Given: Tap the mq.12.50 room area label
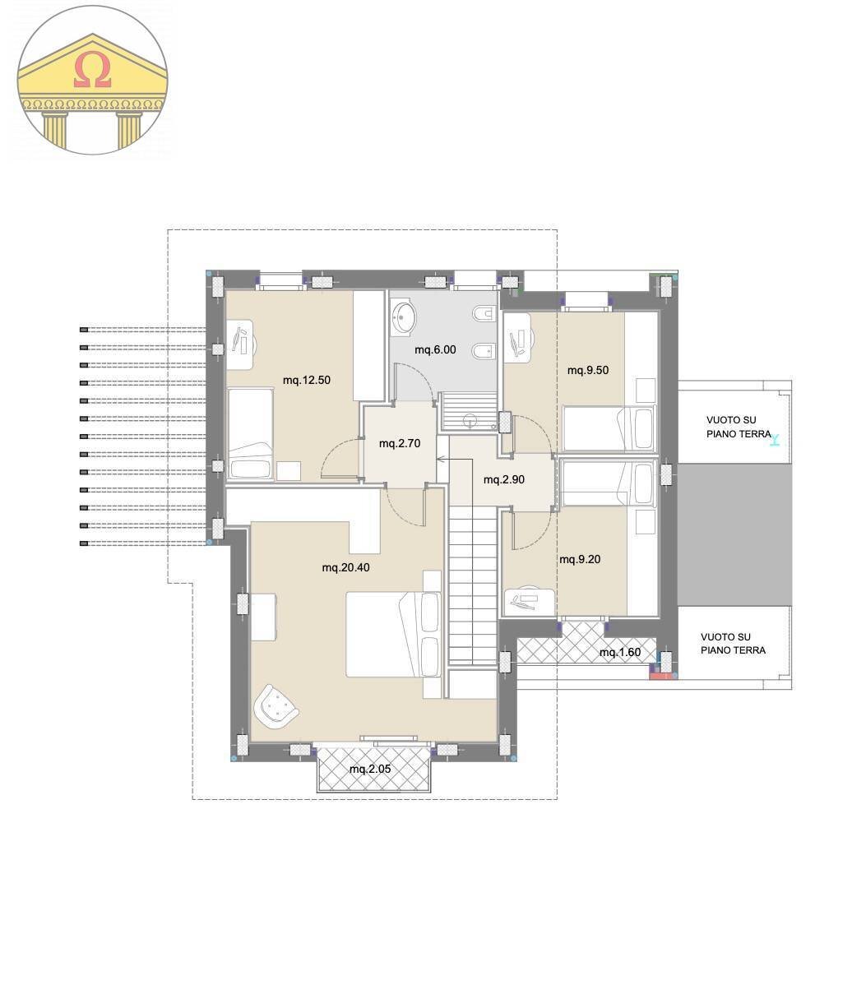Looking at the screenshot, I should [x=306, y=380].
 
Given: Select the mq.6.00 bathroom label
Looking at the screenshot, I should [x=435, y=349].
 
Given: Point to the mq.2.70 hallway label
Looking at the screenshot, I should [x=400, y=443].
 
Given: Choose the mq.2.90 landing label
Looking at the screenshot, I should [x=503, y=479].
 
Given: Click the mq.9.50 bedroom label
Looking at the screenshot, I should [x=588, y=370].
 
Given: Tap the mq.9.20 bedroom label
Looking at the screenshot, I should [x=580, y=560].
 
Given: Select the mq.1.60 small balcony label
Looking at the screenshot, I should [x=619, y=653].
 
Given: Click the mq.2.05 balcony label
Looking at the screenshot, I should [x=369, y=770].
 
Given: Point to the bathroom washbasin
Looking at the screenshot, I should [x=405, y=318].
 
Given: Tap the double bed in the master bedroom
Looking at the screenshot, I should [x=395, y=634].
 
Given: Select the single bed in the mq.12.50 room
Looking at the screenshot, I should [x=250, y=433].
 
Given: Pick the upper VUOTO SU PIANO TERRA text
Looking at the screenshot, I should [x=738, y=427].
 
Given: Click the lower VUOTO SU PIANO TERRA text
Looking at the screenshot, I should [x=733, y=643].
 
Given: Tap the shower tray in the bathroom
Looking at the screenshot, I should [x=470, y=412].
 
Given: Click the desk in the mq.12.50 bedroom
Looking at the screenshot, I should [x=243, y=343].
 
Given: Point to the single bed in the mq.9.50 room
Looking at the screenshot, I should [x=609, y=428].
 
